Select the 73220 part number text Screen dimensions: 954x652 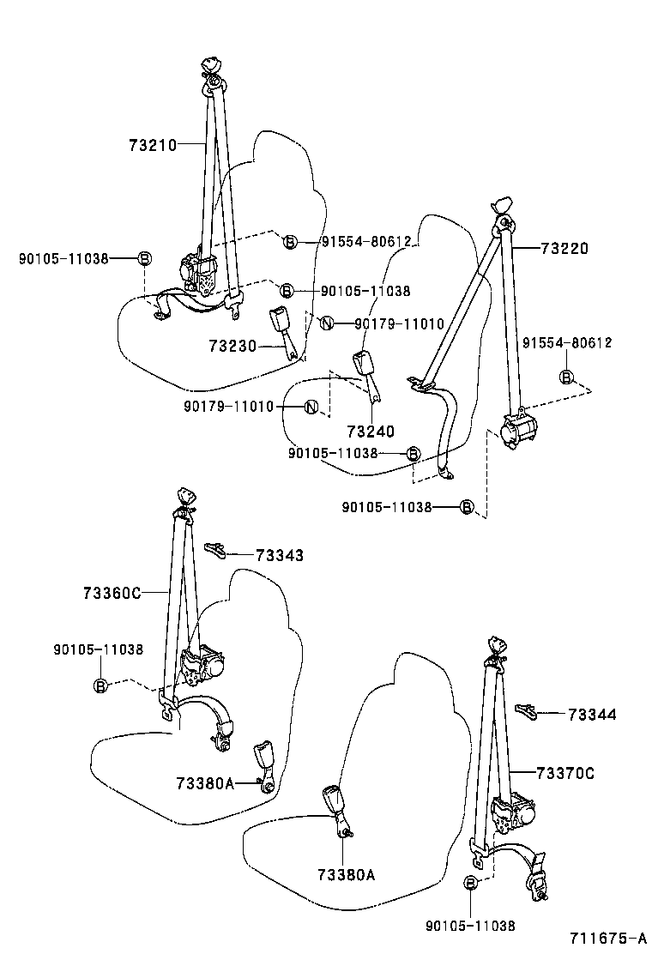(x=564, y=249)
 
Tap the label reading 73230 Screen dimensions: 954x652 (x=232, y=346)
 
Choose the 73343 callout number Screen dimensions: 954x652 (x=280, y=556)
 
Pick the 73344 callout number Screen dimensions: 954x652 (x=592, y=714)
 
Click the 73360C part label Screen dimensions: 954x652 (x=112, y=593)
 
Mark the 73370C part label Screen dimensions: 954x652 (x=565, y=774)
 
